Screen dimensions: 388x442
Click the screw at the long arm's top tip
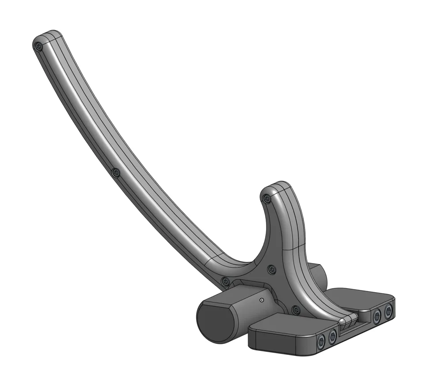39,46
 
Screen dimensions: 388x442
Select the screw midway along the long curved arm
116,173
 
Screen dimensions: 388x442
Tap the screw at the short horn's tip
266,200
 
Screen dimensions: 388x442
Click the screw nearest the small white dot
226,281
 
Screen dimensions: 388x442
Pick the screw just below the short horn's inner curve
271,269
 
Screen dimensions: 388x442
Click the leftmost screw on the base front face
321,340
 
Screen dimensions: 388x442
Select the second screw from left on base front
332,337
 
